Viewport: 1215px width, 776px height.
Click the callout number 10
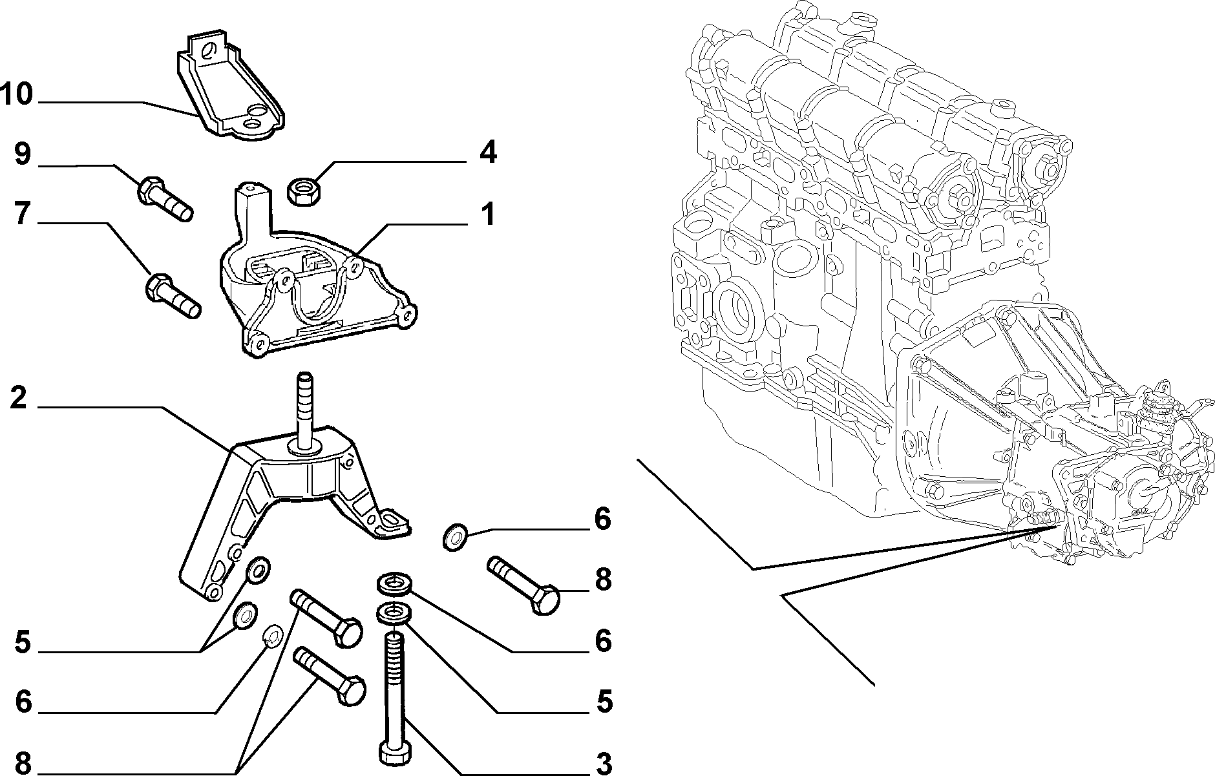click(17, 94)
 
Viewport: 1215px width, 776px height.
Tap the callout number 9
click(23, 156)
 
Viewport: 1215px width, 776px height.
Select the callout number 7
click(23, 215)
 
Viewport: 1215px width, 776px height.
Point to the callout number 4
click(488, 153)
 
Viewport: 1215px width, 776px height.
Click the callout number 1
click(488, 215)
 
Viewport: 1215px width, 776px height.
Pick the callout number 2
click(19, 398)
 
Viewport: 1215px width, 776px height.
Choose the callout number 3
click(604, 762)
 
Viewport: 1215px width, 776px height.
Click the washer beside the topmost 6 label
click(454, 538)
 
